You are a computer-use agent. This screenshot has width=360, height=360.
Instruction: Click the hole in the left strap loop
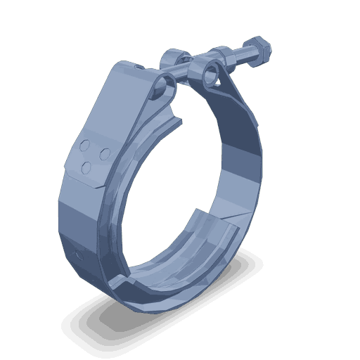coord(167,87)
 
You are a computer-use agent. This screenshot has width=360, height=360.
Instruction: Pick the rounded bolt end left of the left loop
coord(174,58)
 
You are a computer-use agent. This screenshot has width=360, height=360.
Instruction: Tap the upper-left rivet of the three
coord(85,148)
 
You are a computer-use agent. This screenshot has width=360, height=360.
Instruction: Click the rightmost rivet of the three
coord(103,152)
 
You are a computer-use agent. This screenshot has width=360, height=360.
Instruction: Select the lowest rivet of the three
coord(86,166)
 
